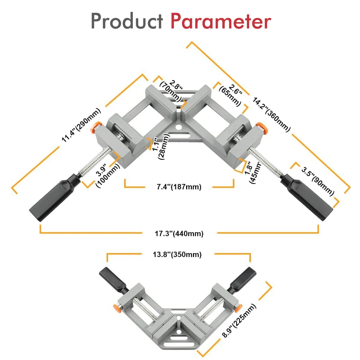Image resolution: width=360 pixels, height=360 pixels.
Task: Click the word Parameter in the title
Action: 220,22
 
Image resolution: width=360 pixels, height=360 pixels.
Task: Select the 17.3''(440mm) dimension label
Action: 179,234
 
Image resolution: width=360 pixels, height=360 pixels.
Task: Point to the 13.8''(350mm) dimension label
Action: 177,255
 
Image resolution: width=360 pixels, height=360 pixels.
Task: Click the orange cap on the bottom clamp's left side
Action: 117,307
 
